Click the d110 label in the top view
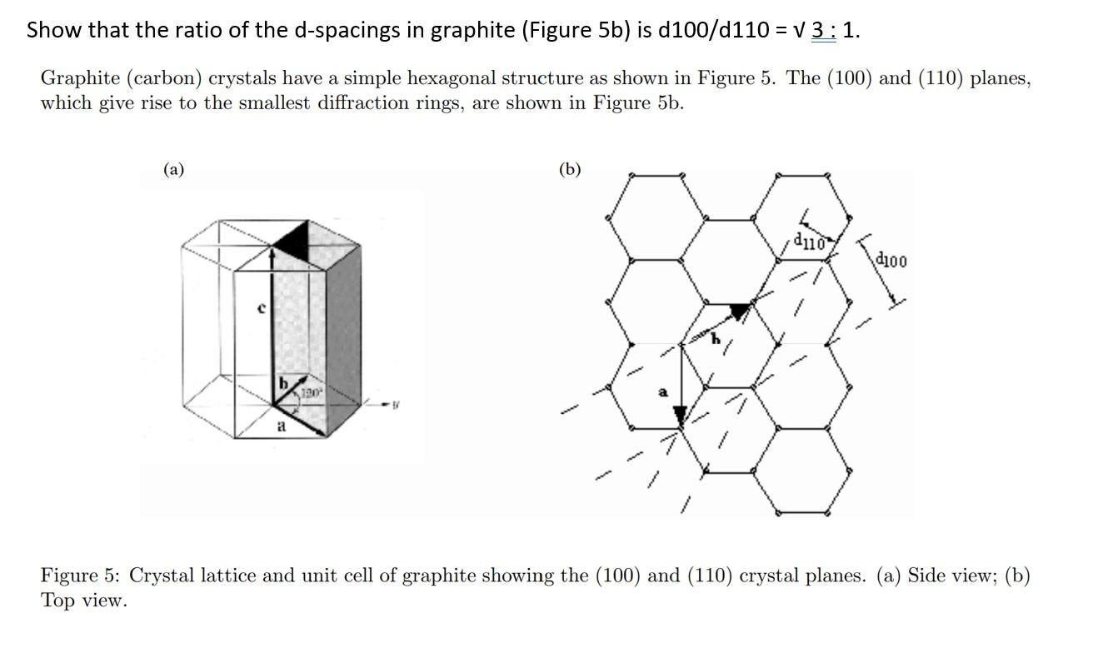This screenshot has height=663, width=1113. [809, 242]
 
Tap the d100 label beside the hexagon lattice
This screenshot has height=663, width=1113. [891, 261]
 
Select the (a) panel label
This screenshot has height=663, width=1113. [173, 170]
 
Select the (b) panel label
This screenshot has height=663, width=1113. [570, 170]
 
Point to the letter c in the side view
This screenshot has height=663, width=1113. [261, 308]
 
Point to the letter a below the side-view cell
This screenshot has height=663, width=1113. [281, 426]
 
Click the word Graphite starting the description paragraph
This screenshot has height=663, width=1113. [81, 79]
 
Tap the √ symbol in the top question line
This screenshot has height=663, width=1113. [802, 31]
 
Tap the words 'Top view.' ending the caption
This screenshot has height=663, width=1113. [84, 601]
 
